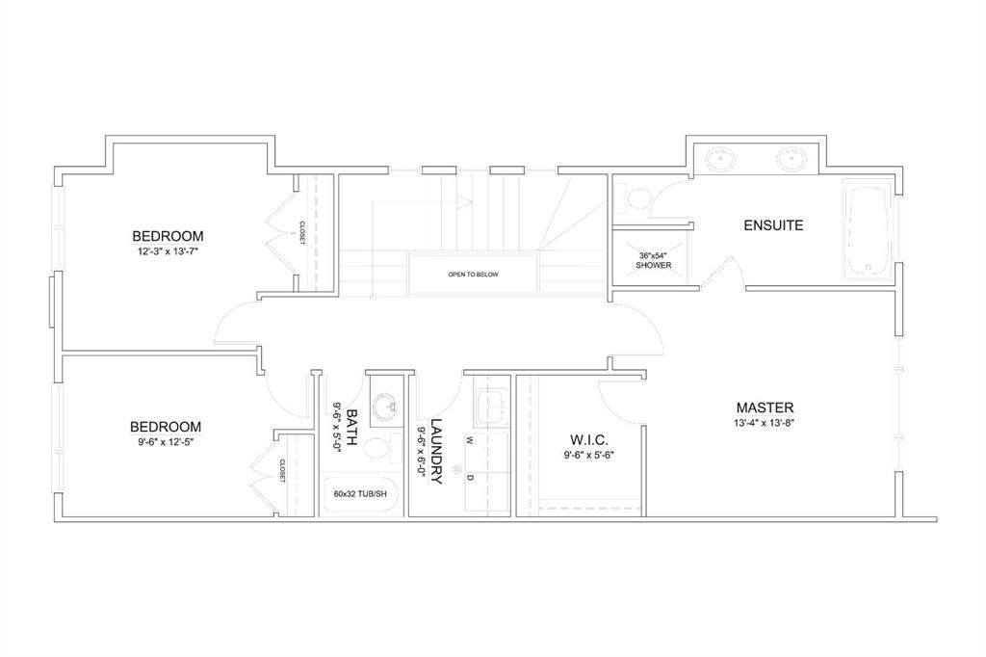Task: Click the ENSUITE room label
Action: [773, 225]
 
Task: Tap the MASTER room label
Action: [765, 407]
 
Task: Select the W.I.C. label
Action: [588, 439]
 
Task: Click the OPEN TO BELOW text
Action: [473, 275]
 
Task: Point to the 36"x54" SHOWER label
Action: [654, 260]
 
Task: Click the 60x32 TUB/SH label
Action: [360, 494]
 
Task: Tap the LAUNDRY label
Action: [437, 451]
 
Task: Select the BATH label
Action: [352, 427]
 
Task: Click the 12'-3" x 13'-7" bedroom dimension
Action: [168, 251]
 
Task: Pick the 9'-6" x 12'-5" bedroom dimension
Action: [166, 441]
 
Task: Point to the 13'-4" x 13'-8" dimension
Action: [765, 423]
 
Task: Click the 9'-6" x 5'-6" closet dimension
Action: [588, 455]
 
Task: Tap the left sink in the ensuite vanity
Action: [720, 159]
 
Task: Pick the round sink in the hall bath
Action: [386, 407]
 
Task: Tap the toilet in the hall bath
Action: [381, 449]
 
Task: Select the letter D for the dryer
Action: [469, 478]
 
